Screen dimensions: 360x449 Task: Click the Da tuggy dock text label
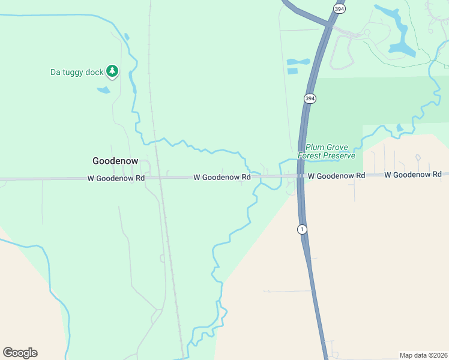pyautogui.click(x=76, y=73)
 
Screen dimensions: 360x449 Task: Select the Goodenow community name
pyautogui.click(x=115, y=161)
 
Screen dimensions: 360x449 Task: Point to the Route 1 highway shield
pyautogui.click(x=302, y=229)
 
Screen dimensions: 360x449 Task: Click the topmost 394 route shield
pyautogui.click(x=339, y=8)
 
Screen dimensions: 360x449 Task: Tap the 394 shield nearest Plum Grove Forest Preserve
pyautogui.click(x=310, y=98)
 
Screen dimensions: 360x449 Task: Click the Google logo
pyautogui.click(x=20, y=353)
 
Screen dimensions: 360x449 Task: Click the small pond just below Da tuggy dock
pyautogui.click(x=104, y=90)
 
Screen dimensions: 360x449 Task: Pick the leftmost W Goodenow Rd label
pyautogui.click(x=116, y=178)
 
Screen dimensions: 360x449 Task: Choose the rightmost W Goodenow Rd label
pyautogui.click(x=413, y=175)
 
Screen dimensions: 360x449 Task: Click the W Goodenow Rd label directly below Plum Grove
pyautogui.click(x=337, y=176)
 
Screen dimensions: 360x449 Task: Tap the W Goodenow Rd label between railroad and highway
pyautogui.click(x=221, y=178)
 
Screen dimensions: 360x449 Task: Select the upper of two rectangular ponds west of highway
pyautogui.click(x=298, y=61)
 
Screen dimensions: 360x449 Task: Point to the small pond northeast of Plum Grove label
pyautogui.click(x=400, y=128)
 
